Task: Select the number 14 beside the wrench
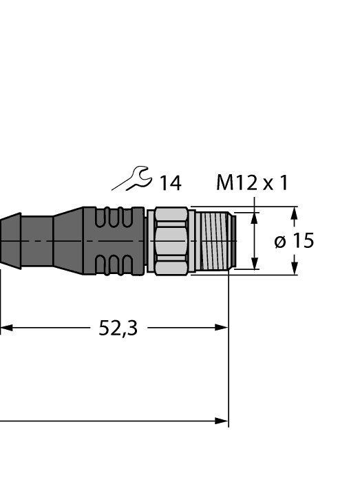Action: pyautogui.click(x=170, y=183)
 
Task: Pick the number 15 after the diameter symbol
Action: pyautogui.click(x=301, y=241)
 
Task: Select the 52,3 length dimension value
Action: pyautogui.click(x=118, y=328)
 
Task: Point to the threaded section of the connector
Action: pyautogui.click(x=213, y=241)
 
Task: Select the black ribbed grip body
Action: pyautogui.click(x=114, y=241)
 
